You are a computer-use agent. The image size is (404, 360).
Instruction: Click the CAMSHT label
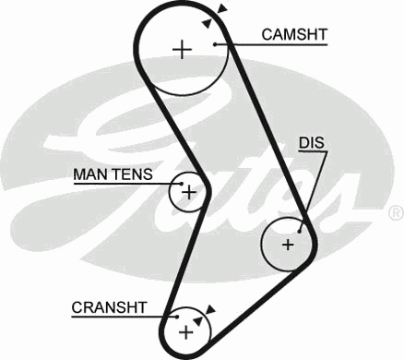294,34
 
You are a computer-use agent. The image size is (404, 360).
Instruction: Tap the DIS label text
312,143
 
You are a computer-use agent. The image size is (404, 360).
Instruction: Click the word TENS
132,174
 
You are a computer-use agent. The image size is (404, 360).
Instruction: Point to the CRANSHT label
109,307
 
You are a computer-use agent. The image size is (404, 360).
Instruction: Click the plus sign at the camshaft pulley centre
183,49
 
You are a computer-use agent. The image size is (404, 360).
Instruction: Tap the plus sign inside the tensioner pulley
189,193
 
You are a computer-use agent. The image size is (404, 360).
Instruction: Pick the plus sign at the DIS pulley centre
288,245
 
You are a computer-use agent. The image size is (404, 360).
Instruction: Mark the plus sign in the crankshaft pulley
186,332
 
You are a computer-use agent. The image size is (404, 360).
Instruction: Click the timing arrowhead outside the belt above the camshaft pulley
222,8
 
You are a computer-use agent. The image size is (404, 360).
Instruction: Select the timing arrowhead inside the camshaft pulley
207,23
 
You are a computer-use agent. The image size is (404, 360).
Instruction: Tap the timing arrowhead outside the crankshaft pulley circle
210,309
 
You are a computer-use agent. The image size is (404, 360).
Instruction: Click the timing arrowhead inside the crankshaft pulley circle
197,320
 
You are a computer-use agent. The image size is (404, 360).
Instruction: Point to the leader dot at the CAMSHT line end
215,44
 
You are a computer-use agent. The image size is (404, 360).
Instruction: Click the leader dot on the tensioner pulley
182,184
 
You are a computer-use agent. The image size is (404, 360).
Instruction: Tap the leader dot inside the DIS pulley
300,232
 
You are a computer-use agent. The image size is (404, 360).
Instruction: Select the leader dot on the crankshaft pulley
177,317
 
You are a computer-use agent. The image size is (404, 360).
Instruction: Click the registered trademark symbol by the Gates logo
397,213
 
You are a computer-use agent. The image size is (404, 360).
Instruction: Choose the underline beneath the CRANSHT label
125,317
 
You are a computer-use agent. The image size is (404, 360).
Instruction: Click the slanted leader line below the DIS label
314,191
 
